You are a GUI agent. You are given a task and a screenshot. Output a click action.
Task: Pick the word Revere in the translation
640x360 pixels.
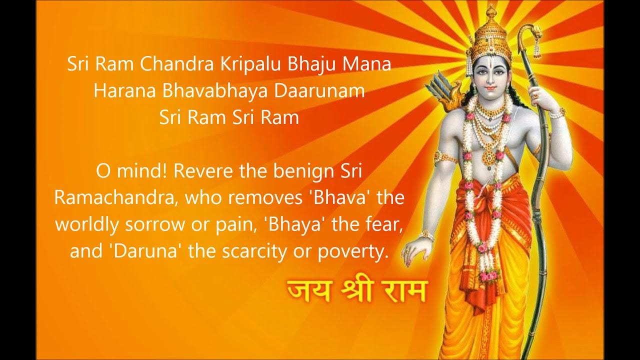pos(206,171)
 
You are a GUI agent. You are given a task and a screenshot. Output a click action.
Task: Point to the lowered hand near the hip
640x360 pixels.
pos(416,250)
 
